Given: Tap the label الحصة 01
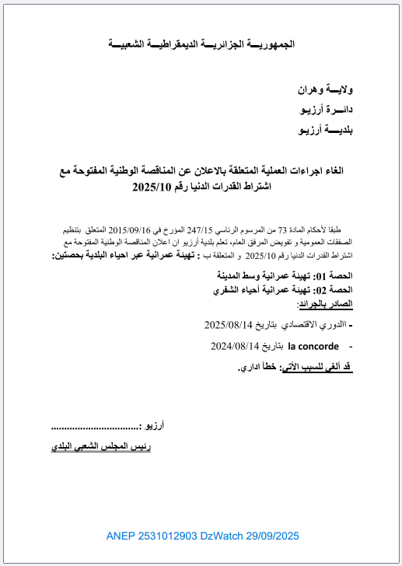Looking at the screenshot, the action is point(337,276).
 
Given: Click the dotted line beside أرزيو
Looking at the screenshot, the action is point(95,427).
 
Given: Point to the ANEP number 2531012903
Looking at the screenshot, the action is point(165,536).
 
